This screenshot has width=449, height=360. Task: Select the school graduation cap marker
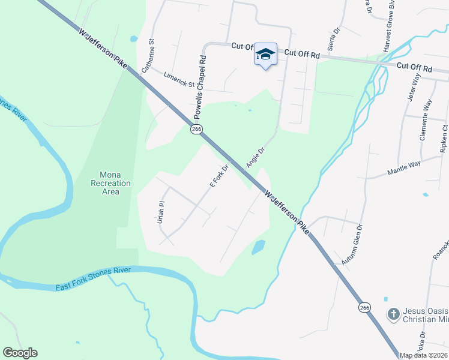click(265, 55)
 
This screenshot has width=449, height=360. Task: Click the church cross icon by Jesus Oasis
click(393, 314)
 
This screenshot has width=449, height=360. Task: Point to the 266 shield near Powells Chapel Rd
click(196, 129)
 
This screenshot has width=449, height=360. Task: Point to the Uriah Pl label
click(161, 212)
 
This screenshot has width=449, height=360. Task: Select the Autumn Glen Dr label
click(352, 245)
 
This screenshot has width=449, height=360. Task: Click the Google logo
click(20, 353)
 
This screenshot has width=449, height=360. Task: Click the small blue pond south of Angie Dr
click(258, 247)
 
